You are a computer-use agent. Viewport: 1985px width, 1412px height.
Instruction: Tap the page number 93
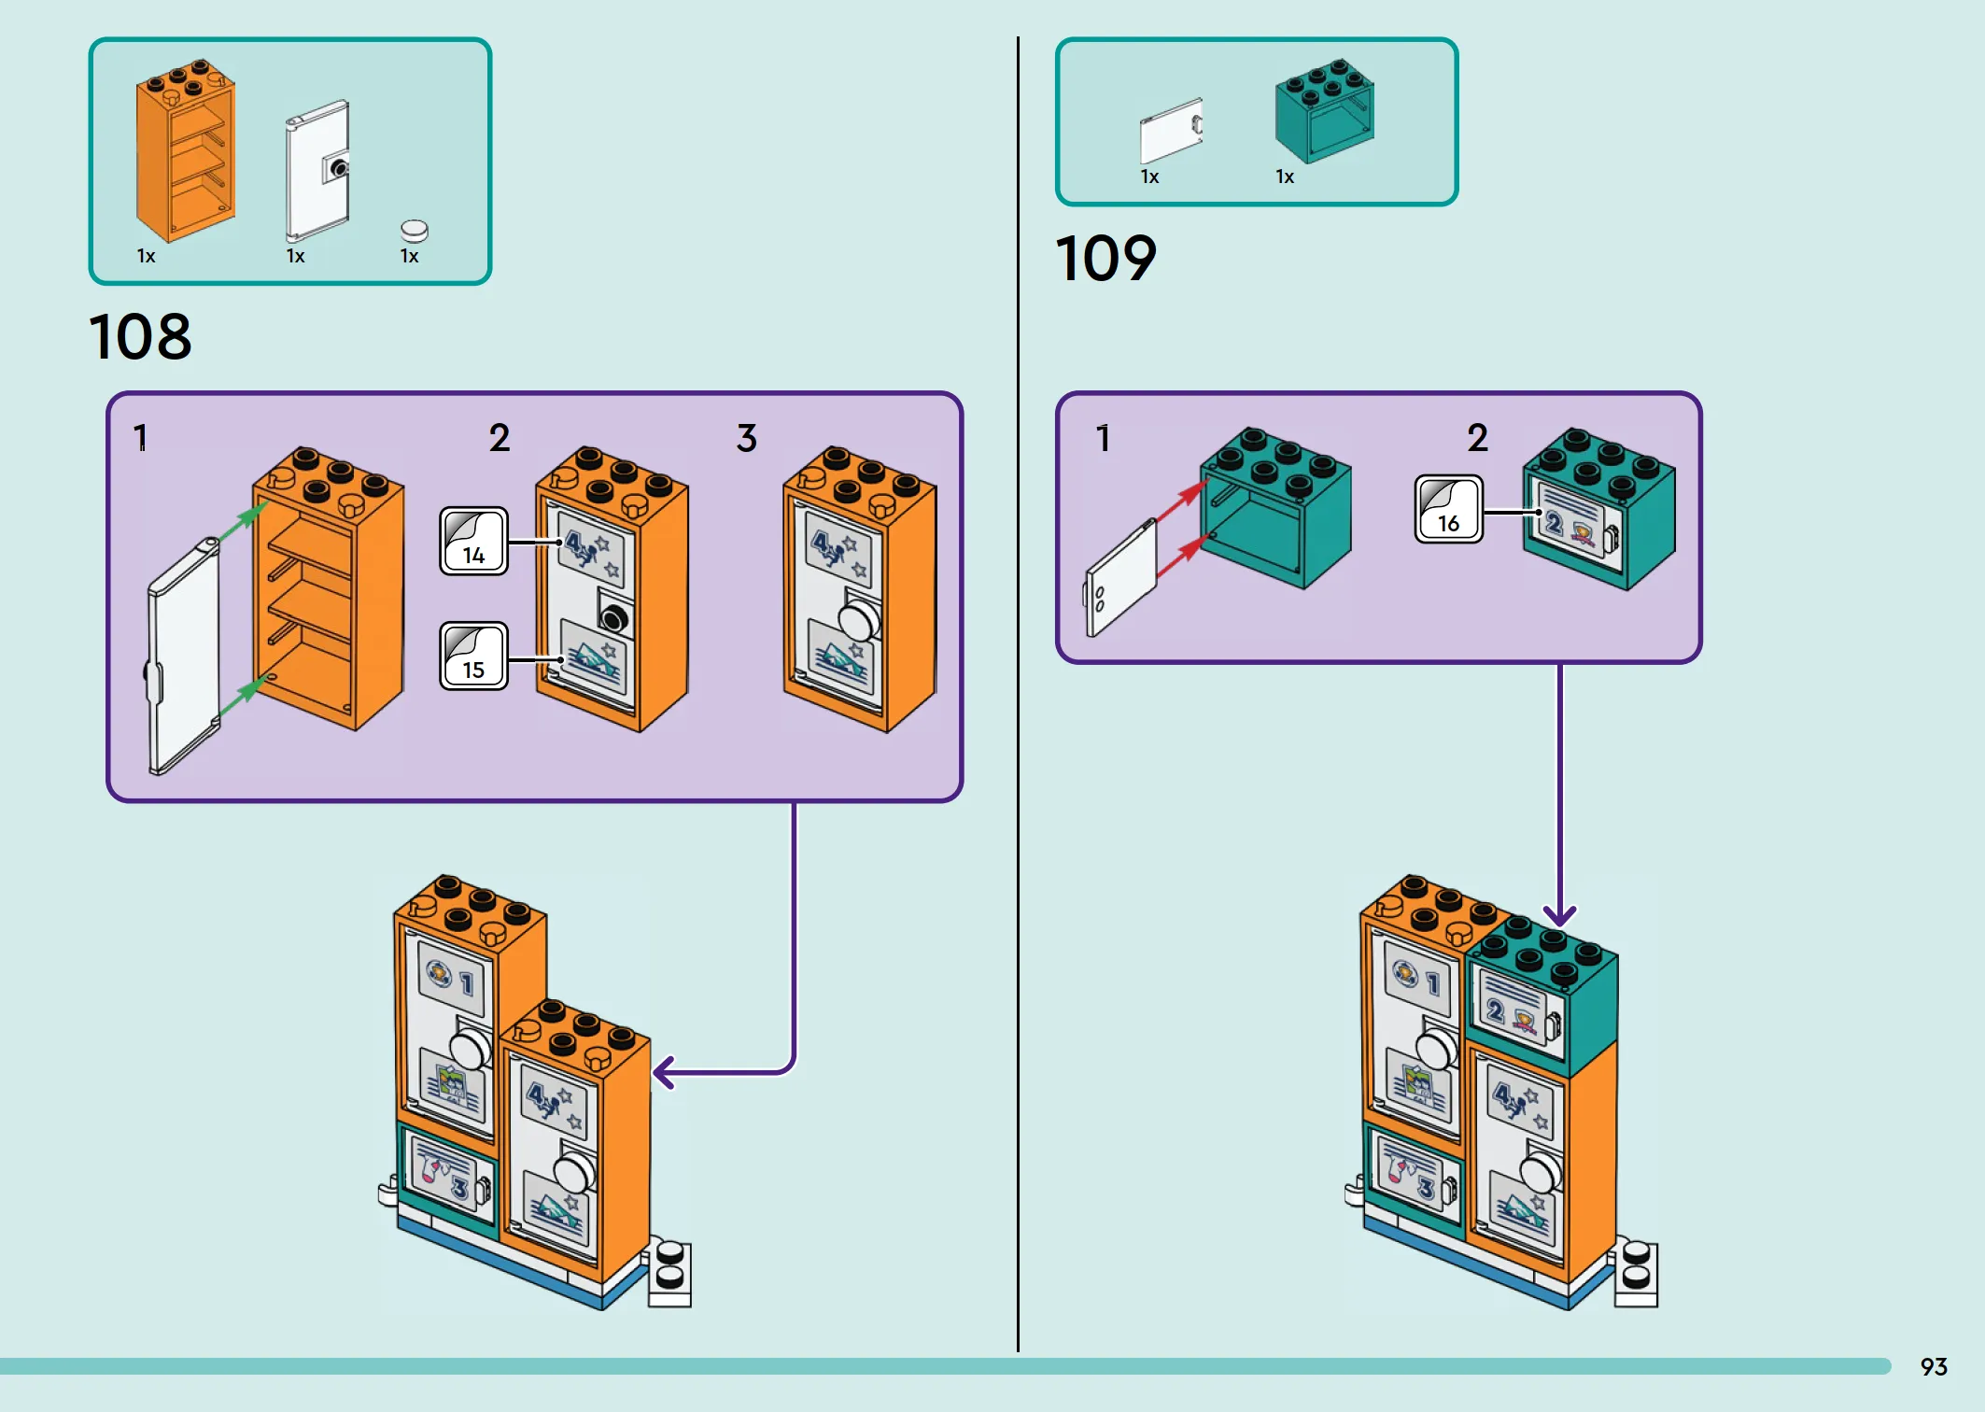pos(1934,1367)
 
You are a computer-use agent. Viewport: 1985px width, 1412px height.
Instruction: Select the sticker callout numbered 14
pos(474,541)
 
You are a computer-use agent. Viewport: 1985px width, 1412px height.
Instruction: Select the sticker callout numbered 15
pos(474,656)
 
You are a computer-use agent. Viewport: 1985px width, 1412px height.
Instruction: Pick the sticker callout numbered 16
pos(1448,509)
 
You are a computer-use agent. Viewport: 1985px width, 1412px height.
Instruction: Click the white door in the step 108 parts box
pos(317,170)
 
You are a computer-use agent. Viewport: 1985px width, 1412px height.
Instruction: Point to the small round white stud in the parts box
pos(414,231)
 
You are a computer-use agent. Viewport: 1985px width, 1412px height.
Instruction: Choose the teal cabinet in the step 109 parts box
pos(1324,110)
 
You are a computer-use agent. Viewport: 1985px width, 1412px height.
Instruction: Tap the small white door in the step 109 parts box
pos(1171,131)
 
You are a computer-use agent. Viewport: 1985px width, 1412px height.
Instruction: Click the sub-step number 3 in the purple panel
pos(746,438)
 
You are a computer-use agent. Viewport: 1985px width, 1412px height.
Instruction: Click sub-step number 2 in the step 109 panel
pos(1477,438)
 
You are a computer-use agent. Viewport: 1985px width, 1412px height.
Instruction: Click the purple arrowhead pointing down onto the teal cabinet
pos(1559,915)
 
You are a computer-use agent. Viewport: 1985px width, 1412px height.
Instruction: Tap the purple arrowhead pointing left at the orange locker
pos(664,1072)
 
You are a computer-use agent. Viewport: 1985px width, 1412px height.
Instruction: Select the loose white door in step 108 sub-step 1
pos(184,657)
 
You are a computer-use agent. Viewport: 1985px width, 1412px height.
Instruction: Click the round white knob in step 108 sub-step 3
pos(859,620)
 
